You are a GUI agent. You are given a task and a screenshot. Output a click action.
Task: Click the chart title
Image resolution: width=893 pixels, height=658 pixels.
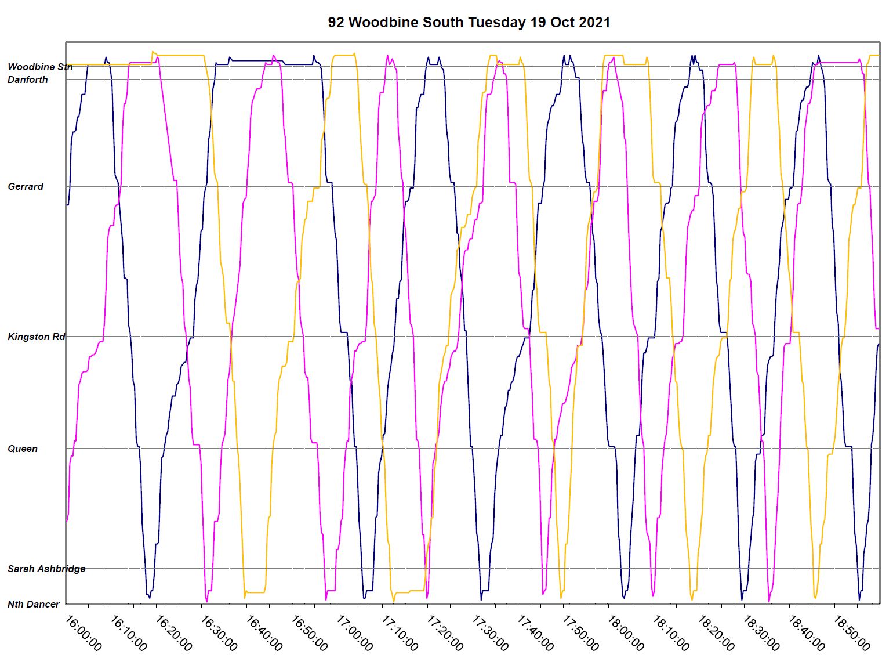(x=469, y=23)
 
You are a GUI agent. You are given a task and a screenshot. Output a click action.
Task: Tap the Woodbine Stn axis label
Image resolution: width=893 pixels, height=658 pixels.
(x=40, y=67)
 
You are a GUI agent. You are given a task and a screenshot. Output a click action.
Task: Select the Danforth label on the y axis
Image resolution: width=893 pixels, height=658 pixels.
(x=28, y=79)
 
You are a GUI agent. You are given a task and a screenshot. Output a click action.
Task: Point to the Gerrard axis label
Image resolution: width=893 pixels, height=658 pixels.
(x=26, y=186)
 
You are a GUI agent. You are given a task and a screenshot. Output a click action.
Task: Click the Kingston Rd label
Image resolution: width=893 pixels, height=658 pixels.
(x=36, y=337)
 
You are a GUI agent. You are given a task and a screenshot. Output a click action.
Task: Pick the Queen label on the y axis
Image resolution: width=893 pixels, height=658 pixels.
(x=23, y=449)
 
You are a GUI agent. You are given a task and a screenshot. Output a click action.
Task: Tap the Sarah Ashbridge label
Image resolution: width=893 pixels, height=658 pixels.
(x=46, y=569)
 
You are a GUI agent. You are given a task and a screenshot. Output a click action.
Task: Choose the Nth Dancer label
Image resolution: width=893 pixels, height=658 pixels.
(x=34, y=604)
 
